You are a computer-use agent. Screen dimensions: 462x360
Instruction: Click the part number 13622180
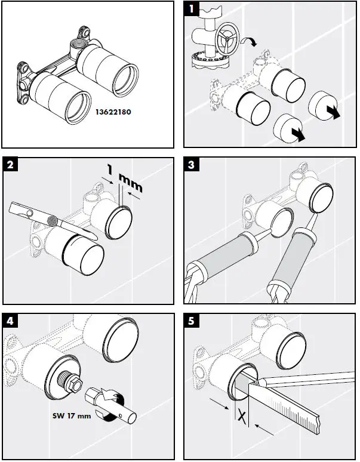click(114, 111)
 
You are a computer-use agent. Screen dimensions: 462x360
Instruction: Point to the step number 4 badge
click(10, 321)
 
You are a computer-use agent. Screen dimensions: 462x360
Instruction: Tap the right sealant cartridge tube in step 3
click(292, 260)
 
